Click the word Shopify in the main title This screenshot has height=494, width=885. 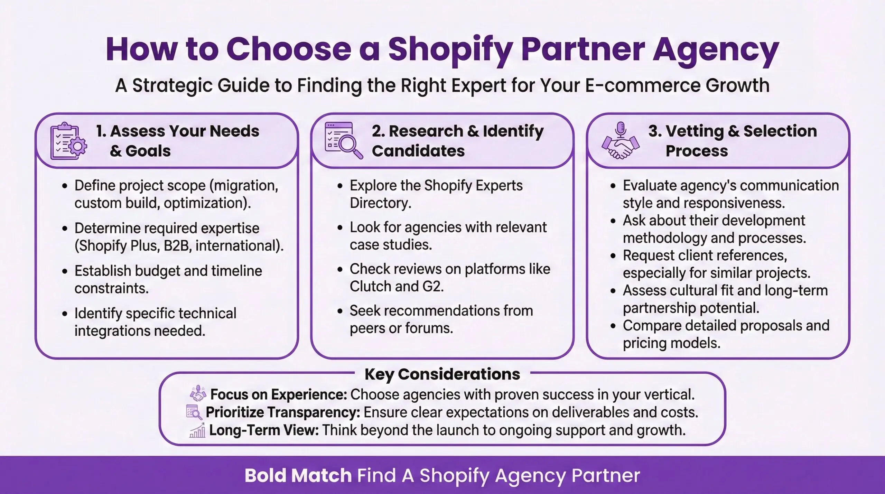coord(450,50)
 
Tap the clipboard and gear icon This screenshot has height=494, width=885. coord(68,141)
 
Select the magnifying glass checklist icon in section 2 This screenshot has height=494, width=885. coord(344,140)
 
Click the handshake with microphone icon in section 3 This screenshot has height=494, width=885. coord(620,140)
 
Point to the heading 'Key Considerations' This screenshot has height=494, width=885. coord(442,374)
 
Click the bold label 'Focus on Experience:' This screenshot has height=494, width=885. coord(279,394)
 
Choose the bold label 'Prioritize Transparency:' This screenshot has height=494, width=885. coord(283,412)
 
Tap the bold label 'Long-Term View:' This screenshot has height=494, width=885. coord(264,430)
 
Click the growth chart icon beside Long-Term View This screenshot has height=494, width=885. coord(197,430)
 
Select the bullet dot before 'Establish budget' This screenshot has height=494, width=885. coord(65,271)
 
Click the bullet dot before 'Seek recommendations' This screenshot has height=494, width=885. coord(340,311)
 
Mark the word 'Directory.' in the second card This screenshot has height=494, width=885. coord(381,203)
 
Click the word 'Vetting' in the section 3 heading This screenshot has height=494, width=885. coord(695,131)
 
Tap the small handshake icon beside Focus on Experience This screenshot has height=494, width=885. coord(198,394)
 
